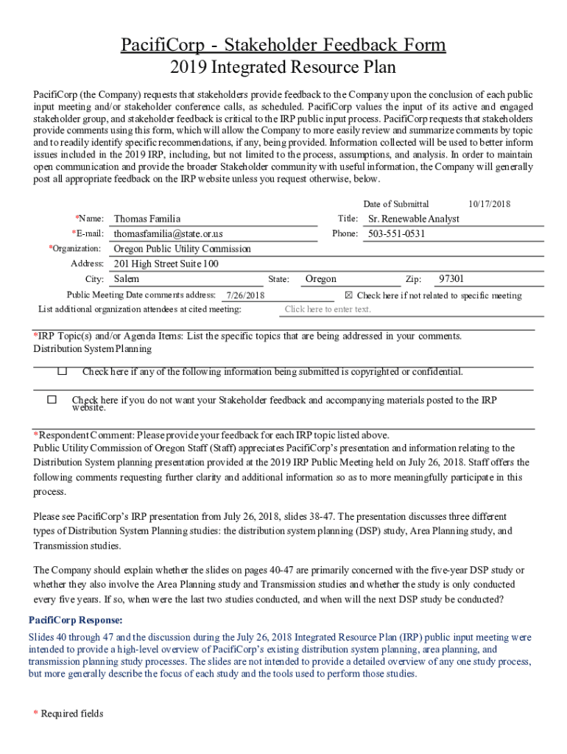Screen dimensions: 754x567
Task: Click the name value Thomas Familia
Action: (147, 219)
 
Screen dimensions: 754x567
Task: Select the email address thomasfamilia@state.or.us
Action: (168, 233)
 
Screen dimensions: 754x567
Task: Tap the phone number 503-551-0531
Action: (397, 233)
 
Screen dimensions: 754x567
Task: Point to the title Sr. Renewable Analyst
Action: (414, 219)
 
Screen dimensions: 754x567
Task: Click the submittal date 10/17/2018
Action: (489, 204)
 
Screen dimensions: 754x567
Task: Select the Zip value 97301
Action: (451, 279)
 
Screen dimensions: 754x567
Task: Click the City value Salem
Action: (127, 279)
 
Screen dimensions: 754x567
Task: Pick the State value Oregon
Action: (321, 279)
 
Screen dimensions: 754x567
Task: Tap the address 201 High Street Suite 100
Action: (166, 264)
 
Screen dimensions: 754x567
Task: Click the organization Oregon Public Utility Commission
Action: (182, 249)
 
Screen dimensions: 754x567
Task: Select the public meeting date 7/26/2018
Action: (245, 295)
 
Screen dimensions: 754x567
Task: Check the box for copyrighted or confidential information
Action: (63, 371)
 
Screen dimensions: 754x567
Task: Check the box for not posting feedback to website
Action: (52, 400)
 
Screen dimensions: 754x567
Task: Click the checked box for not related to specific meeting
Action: (349, 295)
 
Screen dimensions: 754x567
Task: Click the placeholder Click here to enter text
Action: (328, 309)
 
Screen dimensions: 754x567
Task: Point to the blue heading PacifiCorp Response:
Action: (76, 620)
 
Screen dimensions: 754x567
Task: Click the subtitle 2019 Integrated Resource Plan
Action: (283, 68)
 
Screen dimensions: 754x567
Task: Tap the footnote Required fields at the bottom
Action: (71, 714)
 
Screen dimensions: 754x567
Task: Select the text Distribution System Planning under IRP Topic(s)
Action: (92, 348)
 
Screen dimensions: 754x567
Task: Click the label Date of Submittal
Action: (396, 204)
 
